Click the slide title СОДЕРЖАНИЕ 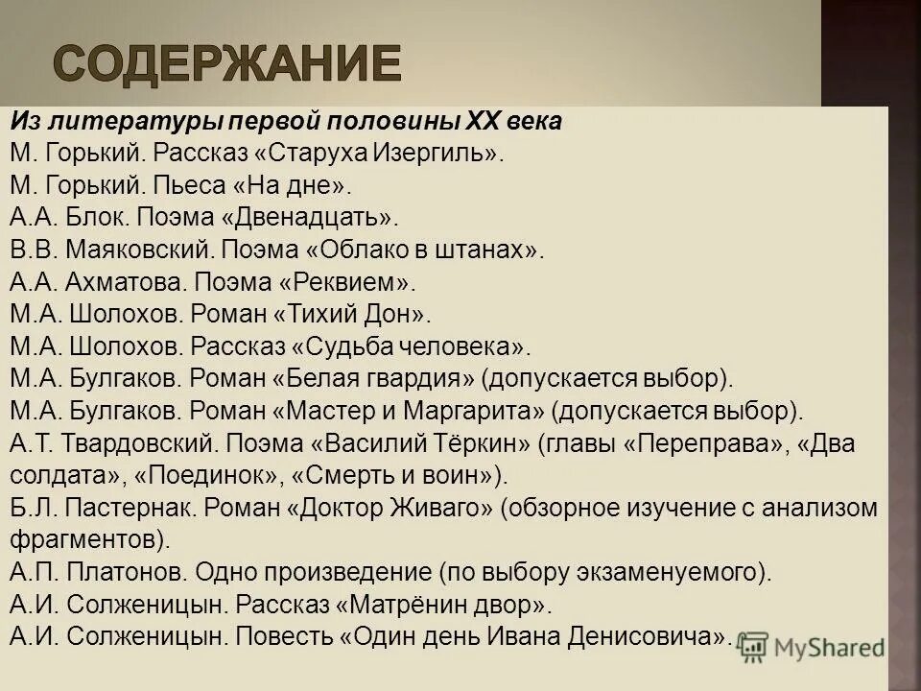pos(226,63)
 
